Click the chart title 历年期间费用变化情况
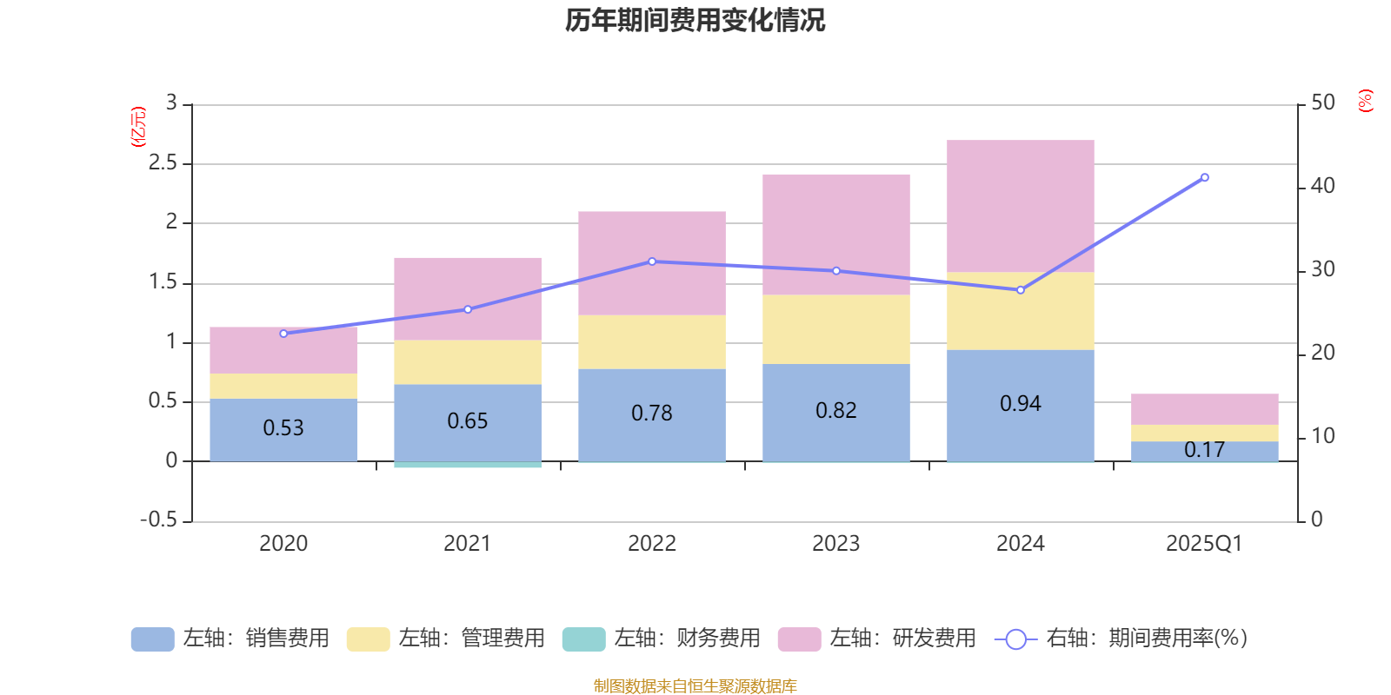pyautogui.click(x=695, y=20)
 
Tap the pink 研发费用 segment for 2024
pyautogui.click(x=1020, y=206)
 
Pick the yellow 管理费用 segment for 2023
pyautogui.click(x=835, y=329)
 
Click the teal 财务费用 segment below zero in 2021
pyautogui.click(x=467, y=465)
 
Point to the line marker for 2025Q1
pyautogui.click(x=1204, y=177)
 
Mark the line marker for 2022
pyautogui.click(x=652, y=261)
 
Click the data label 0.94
pyautogui.click(x=1020, y=404)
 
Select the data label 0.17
pyautogui.click(x=1204, y=450)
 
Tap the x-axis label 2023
pyautogui.click(x=835, y=544)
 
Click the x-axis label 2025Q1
pyautogui.click(x=1204, y=544)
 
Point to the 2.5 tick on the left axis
pyautogui.click(x=163, y=163)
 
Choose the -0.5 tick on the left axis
pyautogui.click(x=159, y=520)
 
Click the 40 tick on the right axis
pyautogui.click(x=1322, y=186)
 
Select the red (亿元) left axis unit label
pyautogui.click(x=137, y=127)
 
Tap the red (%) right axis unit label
pyautogui.click(x=1366, y=101)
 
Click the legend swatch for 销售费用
pyautogui.click(x=152, y=639)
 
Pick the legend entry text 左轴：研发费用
pyautogui.click(x=902, y=639)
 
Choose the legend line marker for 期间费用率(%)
pyautogui.click(x=1015, y=639)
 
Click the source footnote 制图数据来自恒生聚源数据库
pyautogui.click(x=695, y=686)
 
